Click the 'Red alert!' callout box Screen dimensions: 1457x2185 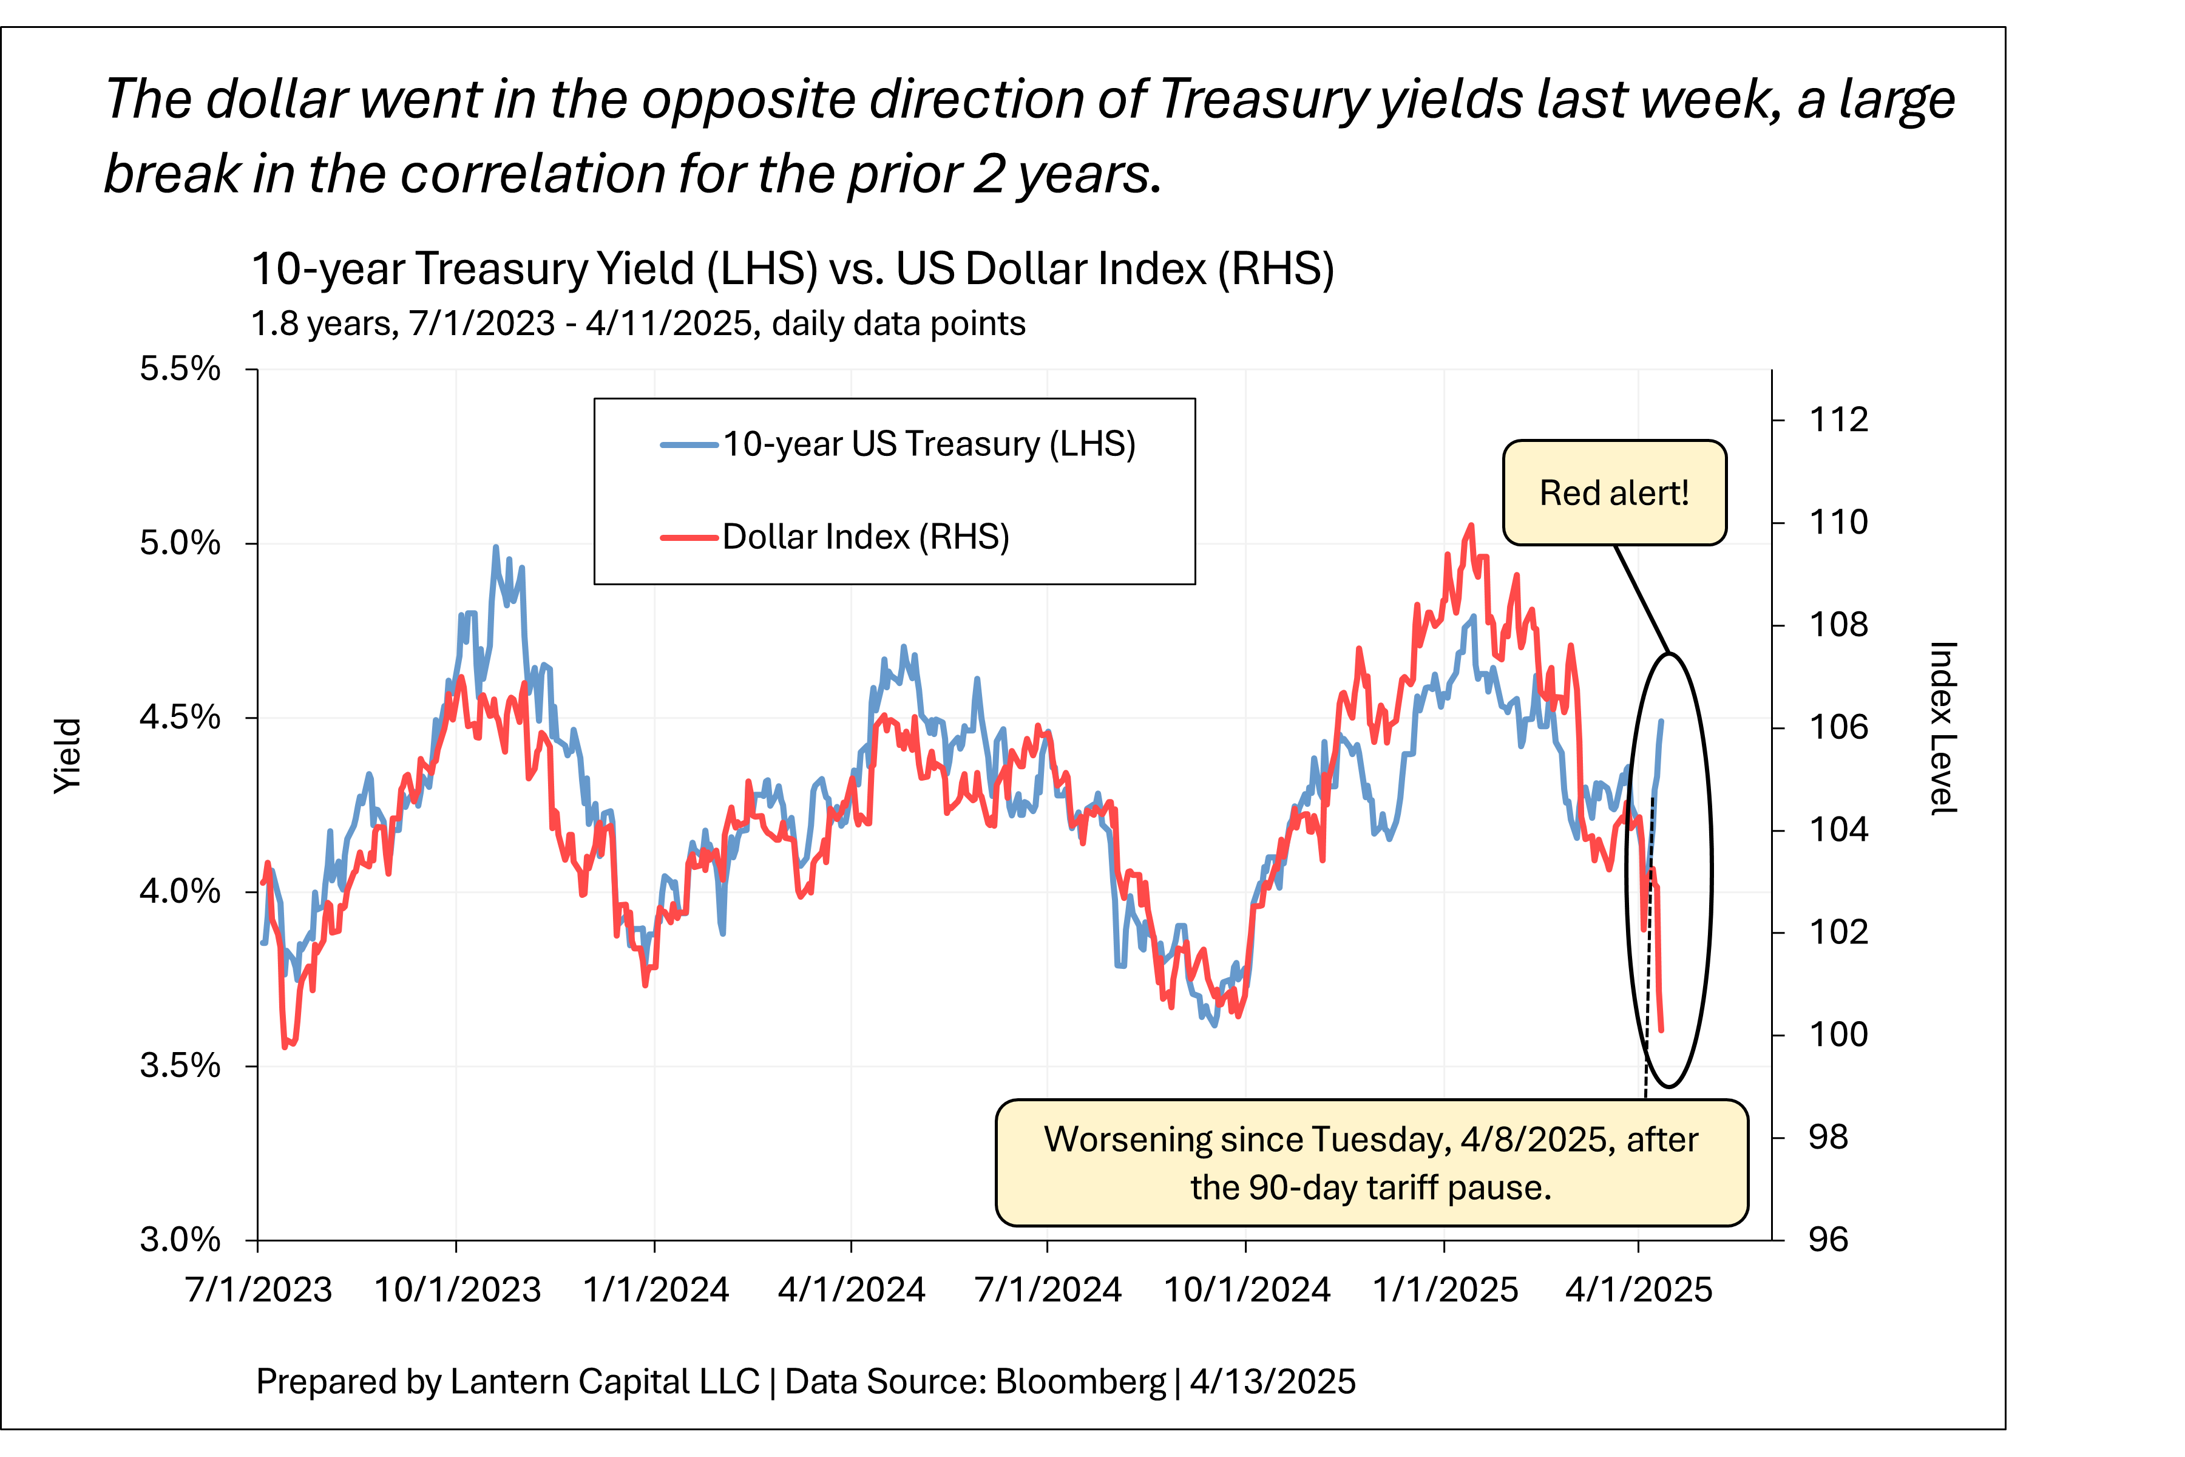(x=1614, y=492)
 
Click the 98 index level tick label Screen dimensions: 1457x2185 (x=1828, y=1136)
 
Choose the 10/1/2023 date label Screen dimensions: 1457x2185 (x=457, y=1289)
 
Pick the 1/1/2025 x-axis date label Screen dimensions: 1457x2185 (x=1445, y=1289)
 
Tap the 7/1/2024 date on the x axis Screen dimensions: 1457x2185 (x=1048, y=1289)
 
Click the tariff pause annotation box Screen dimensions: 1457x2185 (x=1371, y=1163)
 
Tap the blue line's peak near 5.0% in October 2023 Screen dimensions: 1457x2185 (x=495, y=548)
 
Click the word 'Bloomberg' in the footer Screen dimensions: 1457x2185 (x=1080, y=1382)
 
